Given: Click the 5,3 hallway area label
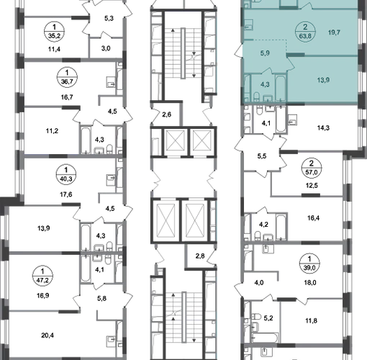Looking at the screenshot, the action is [x=109, y=18].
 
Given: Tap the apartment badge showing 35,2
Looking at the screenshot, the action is [x=55, y=32].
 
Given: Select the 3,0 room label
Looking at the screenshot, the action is [x=106, y=48].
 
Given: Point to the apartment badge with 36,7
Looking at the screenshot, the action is [x=67, y=77].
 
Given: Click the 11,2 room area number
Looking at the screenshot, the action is [x=52, y=131].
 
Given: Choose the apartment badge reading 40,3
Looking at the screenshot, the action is [x=66, y=175].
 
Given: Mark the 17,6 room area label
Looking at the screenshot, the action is [x=66, y=194].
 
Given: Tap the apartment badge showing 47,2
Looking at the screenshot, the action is [x=42, y=276].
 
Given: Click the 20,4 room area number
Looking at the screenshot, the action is [x=47, y=335].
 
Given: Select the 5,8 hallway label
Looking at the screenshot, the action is [x=102, y=298].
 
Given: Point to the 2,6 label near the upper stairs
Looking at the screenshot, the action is [x=167, y=114].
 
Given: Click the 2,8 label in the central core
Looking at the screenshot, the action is [x=200, y=256].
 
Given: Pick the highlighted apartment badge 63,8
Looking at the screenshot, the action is [x=305, y=32].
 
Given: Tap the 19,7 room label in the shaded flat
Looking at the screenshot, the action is [x=334, y=32].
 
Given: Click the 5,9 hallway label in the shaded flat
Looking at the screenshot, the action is [x=265, y=53].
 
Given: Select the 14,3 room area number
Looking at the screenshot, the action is [x=323, y=127].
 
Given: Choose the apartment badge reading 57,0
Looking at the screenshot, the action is [x=312, y=168].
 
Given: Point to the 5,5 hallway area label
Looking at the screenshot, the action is [x=262, y=156].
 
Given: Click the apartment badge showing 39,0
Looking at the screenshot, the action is [x=309, y=264].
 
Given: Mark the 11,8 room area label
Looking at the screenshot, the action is [x=311, y=320].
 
